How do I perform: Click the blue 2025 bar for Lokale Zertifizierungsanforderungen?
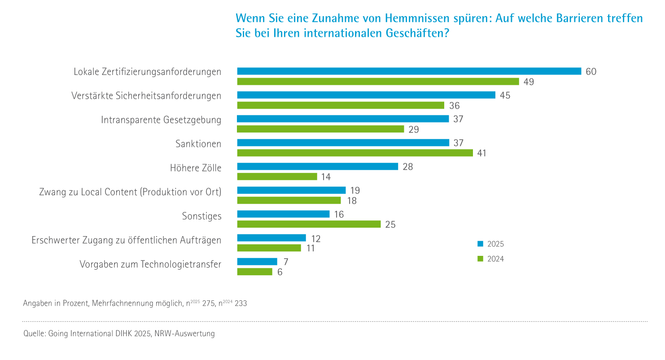[x=409, y=71]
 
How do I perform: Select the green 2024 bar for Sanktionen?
[x=354, y=153]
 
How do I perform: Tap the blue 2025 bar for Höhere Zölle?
[x=317, y=167]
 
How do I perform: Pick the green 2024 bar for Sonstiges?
[x=309, y=224]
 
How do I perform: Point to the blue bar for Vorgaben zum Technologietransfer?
[x=257, y=262]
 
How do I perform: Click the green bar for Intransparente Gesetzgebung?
[x=320, y=129]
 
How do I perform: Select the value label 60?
[x=591, y=71]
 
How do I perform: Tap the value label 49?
[x=529, y=82]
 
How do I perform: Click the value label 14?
[x=326, y=177]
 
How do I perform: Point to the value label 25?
[x=390, y=224]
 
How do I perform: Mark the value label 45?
[x=505, y=95]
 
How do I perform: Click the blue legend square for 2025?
[x=480, y=244]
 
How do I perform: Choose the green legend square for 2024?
[x=480, y=259]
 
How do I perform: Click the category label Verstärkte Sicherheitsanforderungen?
[x=146, y=96]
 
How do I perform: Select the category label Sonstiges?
[x=202, y=216]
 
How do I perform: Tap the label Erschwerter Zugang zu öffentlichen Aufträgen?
[x=127, y=240]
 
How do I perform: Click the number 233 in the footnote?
[x=241, y=303]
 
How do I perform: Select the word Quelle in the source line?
[x=34, y=334]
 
